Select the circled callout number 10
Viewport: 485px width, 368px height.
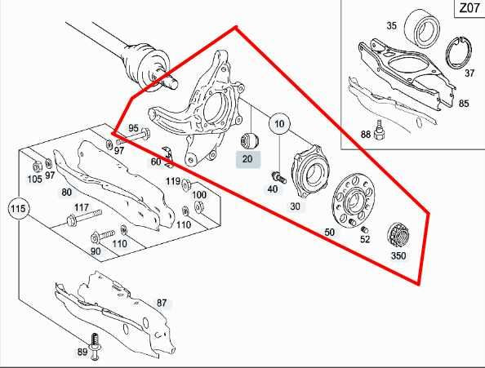click(280, 125)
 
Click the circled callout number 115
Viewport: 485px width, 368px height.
click(18, 210)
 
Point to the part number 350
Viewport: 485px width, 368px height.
click(398, 255)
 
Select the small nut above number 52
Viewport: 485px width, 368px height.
click(350, 224)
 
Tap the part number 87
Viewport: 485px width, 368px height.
click(162, 303)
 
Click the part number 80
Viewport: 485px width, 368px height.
click(66, 193)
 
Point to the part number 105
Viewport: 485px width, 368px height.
click(35, 179)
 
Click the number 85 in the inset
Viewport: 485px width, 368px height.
click(464, 104)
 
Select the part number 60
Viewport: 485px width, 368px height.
click(156, 162)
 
